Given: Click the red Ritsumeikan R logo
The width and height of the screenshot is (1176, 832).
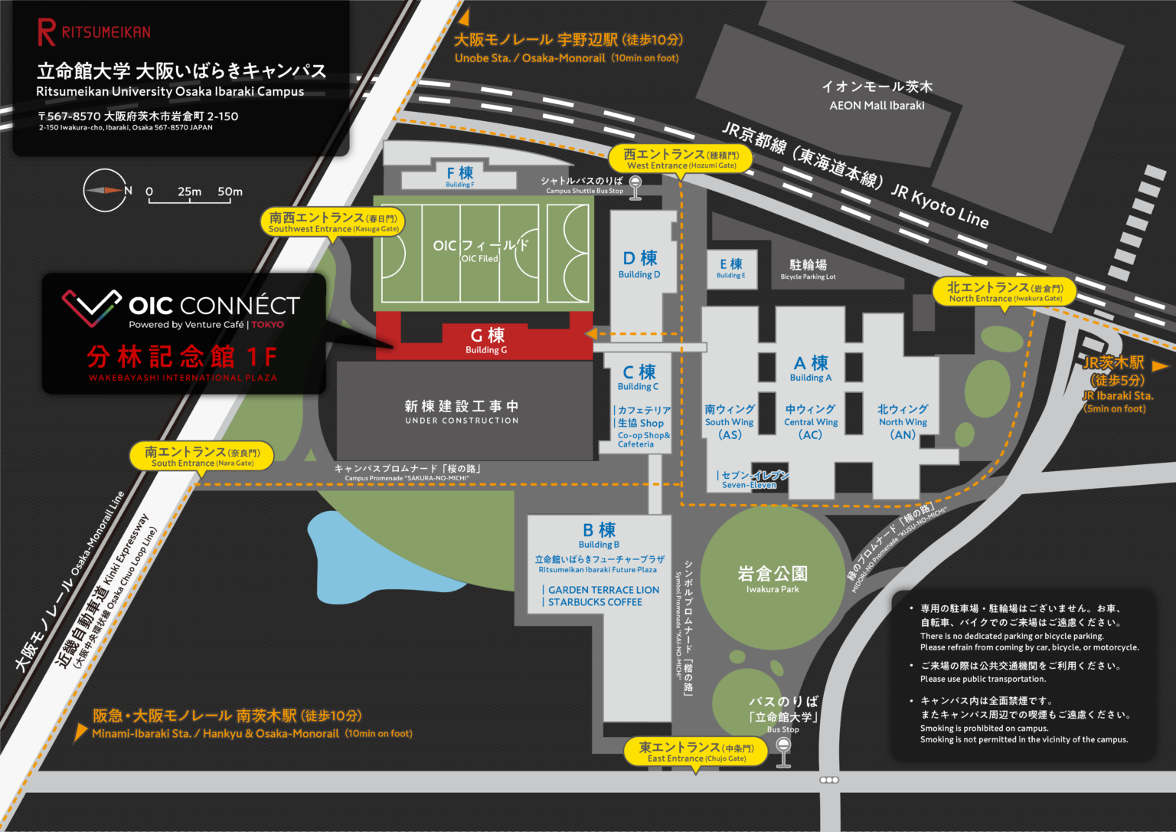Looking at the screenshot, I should pos(46,32).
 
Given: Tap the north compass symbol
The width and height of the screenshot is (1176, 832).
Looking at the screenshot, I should pos(105,190).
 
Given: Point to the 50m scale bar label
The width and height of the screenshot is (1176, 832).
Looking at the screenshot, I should pos(230,192).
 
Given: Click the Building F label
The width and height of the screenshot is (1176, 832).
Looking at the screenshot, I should pos(459,176).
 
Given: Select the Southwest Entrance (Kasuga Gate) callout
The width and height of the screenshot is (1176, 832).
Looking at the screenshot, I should pos(333,222).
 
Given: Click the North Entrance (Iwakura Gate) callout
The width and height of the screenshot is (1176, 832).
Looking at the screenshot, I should pos(1004,292).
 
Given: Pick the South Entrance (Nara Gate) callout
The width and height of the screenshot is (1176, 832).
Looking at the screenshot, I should pos(202,457).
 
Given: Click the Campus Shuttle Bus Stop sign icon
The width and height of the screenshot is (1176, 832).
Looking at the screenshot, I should pos(635,188).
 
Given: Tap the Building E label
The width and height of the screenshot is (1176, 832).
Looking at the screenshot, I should pos(731,268).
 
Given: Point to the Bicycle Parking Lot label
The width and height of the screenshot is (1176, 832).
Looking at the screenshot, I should pos(808,269).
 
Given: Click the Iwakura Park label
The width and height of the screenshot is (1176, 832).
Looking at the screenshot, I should pos(772,578).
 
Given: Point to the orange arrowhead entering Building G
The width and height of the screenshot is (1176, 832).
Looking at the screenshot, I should pos(591,334).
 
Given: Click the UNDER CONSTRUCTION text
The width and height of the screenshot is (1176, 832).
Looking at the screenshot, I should pos(462,421).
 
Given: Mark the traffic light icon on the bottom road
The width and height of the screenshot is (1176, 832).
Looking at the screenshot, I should pos(829,780).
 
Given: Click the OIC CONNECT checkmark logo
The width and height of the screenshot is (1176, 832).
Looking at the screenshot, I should pos(92,306).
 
